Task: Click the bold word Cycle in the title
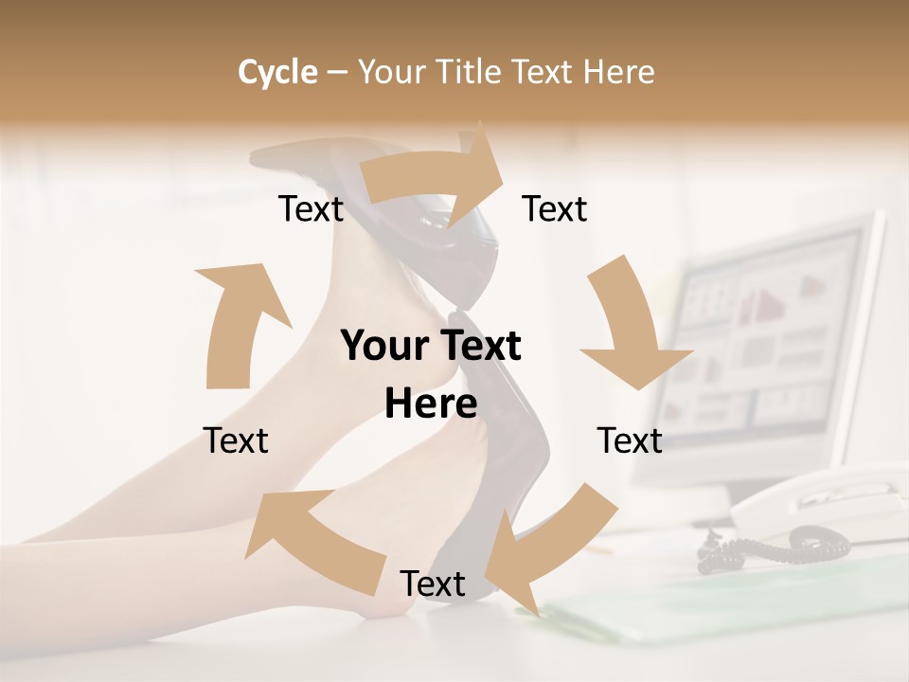pos(277,72)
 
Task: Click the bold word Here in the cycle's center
pos(431,404)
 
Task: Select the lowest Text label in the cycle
pos(433,584)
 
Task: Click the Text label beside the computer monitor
pos(630,440)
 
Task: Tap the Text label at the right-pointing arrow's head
pos(555,209)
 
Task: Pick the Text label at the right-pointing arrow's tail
pos(311,209)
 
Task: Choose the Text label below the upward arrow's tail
pos(236,440)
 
